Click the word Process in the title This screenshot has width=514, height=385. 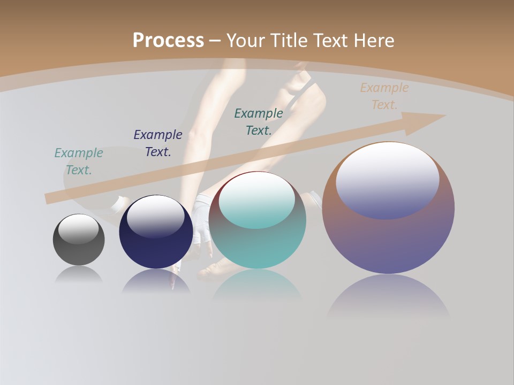[x=168, y=41]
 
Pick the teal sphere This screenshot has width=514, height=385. [x=258, y=246]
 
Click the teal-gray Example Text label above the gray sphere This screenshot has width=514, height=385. [x=79, y=161]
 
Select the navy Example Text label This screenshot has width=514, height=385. [x=158, y=143]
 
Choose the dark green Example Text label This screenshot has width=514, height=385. [x=259, y=122]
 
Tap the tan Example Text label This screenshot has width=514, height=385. [x=384, y=96]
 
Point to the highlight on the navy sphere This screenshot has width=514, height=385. [x=156, y=217]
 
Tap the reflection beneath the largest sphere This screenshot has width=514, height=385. [x=388, y=297]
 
